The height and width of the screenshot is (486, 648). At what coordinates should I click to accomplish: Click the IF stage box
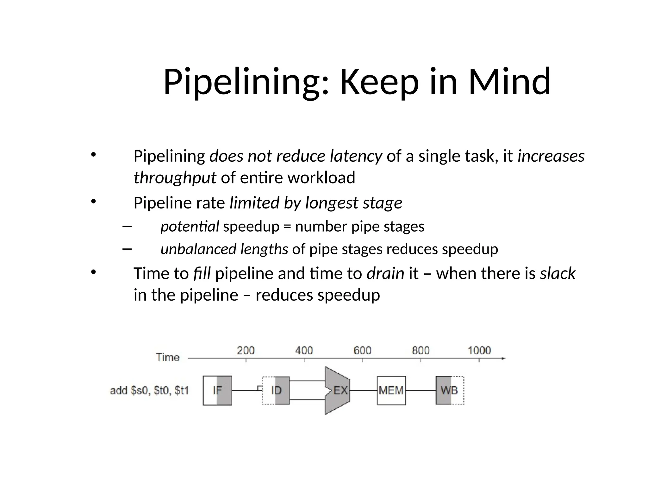point(217,390)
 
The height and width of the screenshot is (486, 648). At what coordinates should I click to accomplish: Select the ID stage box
point(276,390)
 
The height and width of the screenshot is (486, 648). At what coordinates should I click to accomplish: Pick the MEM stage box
point(391,390)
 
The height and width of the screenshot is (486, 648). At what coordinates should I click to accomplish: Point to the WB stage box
point(450,390)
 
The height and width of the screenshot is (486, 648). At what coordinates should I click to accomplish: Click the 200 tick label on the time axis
point(246,351)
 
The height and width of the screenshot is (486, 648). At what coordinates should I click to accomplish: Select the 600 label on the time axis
point(362,351)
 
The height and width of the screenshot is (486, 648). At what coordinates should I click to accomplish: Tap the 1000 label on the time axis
point(479,351)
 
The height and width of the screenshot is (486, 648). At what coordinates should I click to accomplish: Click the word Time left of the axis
point(168,358)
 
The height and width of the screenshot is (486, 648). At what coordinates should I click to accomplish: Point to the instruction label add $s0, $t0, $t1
point(149,391)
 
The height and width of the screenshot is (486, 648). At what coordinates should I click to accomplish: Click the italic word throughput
point(175,178)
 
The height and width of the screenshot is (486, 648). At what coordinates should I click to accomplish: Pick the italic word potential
point(190,227)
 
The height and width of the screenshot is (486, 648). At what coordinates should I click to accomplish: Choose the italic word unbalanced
point(198,249)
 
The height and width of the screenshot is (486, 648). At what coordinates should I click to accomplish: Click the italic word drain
point(385,273)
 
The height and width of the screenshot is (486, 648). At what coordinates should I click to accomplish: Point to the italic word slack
point(558,273)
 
